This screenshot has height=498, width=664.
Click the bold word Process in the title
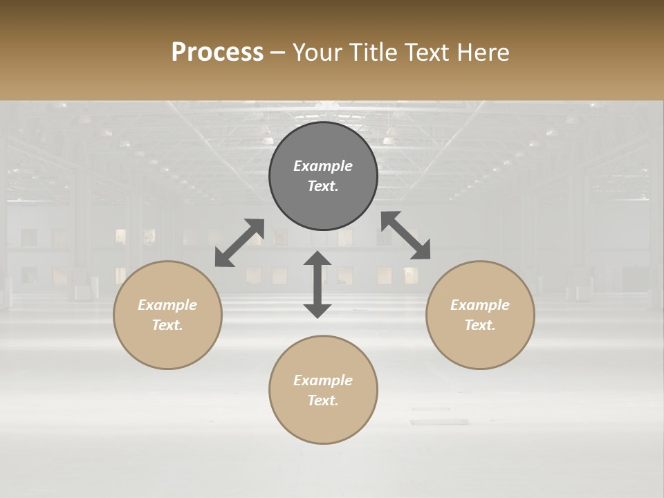click(x=217, y=53)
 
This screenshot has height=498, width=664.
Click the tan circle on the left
click(x=167, y=346)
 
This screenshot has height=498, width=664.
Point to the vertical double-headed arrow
click(x=317, y=284)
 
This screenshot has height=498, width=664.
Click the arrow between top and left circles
click(x=239, y=242)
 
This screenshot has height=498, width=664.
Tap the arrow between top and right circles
click(x=406, y=235)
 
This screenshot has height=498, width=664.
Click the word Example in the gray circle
click(x=323, y=166)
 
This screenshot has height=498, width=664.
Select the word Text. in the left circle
click(x=167, y=325)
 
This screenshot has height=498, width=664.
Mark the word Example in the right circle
click(x=480, y=305)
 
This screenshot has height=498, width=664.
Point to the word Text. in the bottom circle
click(x=323, y=400)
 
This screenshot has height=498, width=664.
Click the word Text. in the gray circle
click(x=323, y=186)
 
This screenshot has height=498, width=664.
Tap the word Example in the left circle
click(x=167, y=305)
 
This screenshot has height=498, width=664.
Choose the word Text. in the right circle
click(x=480, y=325)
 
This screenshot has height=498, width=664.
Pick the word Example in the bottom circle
click(x=323, y=380)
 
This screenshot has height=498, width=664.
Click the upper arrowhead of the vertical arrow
click(x=317, y=258)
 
